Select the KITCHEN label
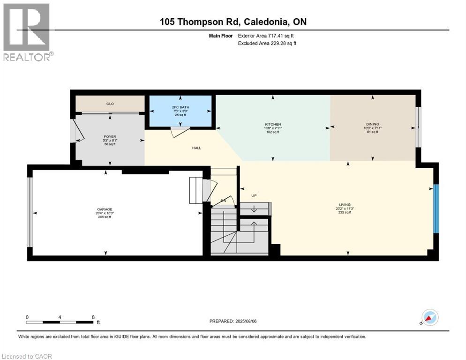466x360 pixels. tap(272, 125)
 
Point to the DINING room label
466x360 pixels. tap(373, 124)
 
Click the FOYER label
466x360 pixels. tap(110, 137)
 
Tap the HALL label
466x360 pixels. tap(196, 148)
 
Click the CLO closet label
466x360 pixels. tap(110, 104)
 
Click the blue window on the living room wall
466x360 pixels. tap(436, 209)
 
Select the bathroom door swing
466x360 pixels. tap(179, 133)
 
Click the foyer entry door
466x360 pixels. tap(77, 131)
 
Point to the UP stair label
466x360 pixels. tap(254, 195)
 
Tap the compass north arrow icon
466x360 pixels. tap(429, 317)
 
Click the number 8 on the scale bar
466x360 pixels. tap(93, 317)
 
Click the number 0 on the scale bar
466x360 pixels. tap(27, 317)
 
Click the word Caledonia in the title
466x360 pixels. tap(264, 22)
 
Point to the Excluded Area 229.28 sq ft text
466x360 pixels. tap(267, 43)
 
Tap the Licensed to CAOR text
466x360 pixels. tap(27, 356)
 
